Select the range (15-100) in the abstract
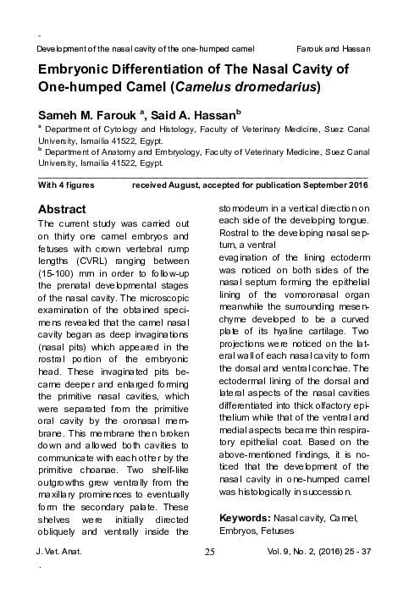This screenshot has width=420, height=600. click(60, 287)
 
